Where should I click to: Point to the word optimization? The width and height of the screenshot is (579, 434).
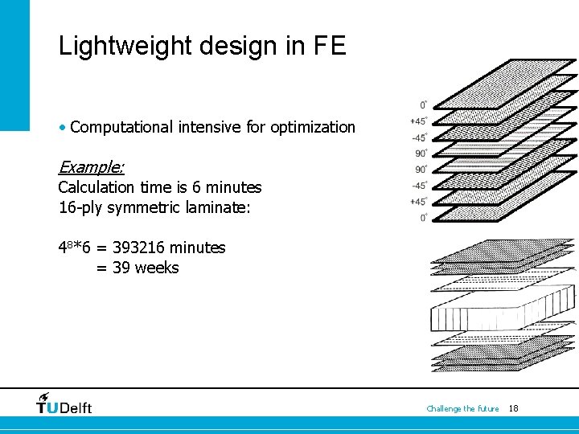(313, 127)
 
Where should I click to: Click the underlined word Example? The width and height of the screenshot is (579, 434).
(91, 167)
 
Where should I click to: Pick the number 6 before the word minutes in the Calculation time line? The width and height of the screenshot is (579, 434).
(197, 187)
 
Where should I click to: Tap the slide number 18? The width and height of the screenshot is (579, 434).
(514, 408)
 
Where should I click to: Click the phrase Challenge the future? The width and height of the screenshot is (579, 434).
(462, 408)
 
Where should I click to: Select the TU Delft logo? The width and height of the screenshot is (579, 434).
(64, 403)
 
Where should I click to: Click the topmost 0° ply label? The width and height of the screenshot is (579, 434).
(423, 105)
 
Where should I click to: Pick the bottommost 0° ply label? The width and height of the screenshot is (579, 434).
(423, 218)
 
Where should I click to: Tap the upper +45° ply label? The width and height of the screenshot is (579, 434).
(419, 121)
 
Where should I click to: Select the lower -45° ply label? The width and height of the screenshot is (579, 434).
(419, 186)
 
